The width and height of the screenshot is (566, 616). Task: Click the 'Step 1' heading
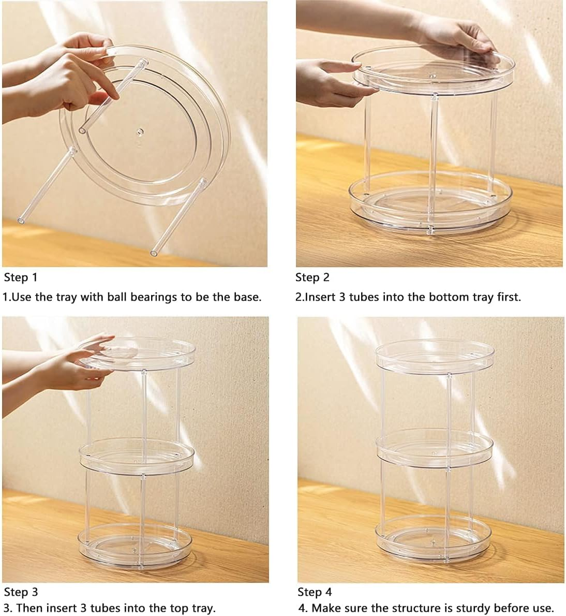(20, 277)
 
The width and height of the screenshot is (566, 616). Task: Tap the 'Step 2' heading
(312, 277)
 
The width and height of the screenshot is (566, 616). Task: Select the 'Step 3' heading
(21, 592)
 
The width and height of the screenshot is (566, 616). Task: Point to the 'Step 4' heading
(315, 592)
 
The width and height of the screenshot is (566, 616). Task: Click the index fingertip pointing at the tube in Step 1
(115, 95)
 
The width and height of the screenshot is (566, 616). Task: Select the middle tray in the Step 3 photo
(137, 456)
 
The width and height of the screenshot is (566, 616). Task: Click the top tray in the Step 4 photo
(435, 357)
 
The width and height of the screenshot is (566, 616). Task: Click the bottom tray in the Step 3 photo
(136, 546)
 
